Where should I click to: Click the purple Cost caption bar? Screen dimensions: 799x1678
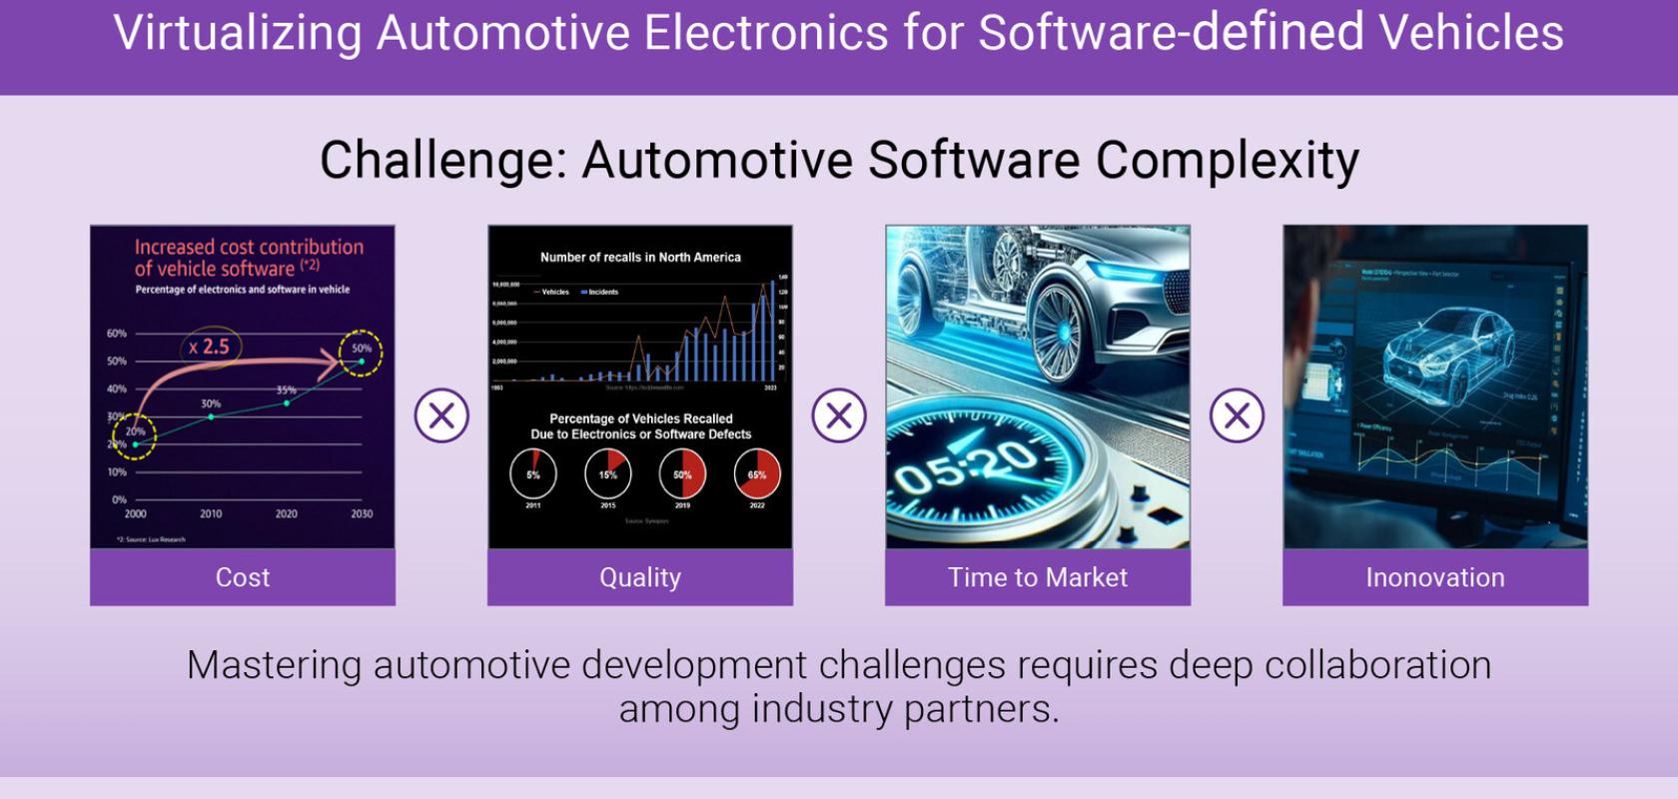coord(243,577)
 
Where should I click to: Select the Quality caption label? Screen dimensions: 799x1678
coord(640,577)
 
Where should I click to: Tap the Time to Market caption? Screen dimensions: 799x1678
coord(1038,577)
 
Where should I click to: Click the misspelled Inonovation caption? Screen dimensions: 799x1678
coord(1435,577)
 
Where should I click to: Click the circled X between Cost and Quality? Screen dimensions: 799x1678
coord(441,415)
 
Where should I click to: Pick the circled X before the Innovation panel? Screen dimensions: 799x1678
coord(1237,415)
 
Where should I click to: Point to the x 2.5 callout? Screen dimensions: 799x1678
coord(210,347)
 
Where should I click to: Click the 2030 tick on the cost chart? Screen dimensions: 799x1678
coord(362,513)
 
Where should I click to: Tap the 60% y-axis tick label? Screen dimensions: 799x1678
coord(117,334)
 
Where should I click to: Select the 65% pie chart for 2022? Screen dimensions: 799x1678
coord(757,474)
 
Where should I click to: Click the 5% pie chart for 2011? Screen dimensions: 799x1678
coord(533,474)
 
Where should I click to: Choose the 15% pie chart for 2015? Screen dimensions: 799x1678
coord(607,474)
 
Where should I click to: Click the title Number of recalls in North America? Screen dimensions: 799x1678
coord(640,258)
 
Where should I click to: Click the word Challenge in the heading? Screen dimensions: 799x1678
coord(441,160)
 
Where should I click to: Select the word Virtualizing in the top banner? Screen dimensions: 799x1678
coord(237,33)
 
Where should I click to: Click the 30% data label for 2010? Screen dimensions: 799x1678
coord(211,404)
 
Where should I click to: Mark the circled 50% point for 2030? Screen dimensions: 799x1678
coord(361,352)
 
